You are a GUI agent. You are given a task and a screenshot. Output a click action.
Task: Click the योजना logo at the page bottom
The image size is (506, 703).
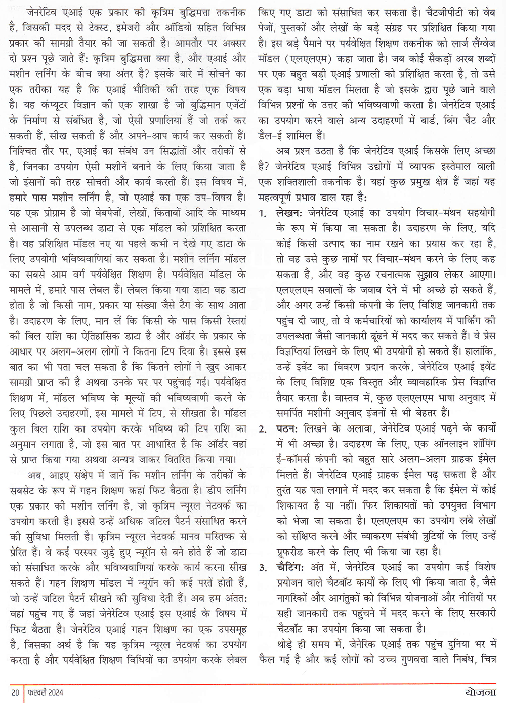pyautogui.click(x=481, y=692)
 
